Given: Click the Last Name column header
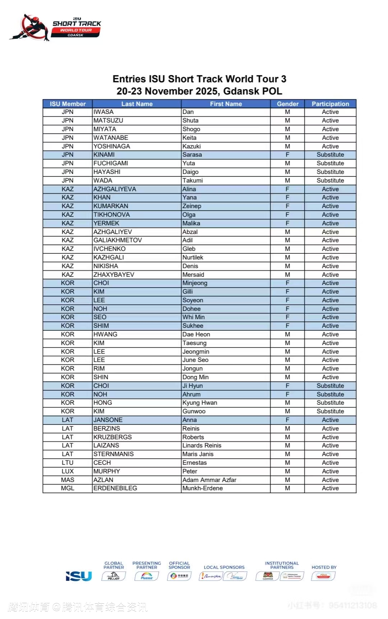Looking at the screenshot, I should (137, 104).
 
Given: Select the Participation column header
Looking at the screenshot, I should (330, 104).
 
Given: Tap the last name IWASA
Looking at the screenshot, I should (103, 112).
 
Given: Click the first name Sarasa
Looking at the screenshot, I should (192, 155).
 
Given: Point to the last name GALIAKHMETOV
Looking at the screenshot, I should (117, 240).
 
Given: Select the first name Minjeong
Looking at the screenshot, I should (195, 283).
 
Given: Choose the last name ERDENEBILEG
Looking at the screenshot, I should (115, 488).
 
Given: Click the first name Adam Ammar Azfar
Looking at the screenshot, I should (209, 480).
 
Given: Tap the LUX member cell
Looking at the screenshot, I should (68, 471).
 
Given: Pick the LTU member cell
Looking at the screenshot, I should (68, 463).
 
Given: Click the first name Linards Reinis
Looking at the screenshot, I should (202, 445).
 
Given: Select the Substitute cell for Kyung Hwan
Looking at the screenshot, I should (330, 403).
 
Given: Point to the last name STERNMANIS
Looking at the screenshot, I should (114, 454).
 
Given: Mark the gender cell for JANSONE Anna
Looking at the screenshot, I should (287, 420).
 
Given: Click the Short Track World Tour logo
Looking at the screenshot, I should (56, 27).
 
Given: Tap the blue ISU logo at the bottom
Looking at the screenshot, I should (79, 576).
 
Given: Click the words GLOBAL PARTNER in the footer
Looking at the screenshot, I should (114, 565).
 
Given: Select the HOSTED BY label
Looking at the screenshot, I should (324, 567).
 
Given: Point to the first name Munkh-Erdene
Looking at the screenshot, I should (202, 488).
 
